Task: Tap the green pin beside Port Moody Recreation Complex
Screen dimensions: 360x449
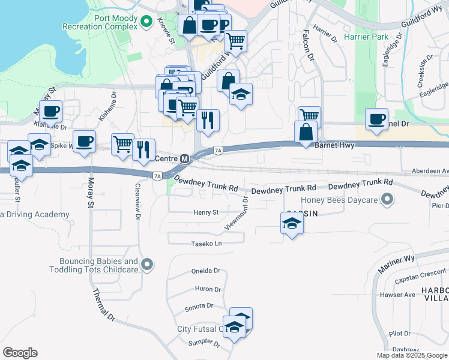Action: (146, 23)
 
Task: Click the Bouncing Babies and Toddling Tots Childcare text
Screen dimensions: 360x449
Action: (98, 265)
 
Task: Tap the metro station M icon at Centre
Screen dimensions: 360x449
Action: (185, 159)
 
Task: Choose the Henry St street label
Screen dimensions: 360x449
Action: (206, 212)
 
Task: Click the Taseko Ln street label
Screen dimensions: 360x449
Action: (206, 244)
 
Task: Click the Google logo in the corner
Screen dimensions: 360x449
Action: (20, 353)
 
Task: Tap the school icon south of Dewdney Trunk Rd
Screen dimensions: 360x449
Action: (292, 224)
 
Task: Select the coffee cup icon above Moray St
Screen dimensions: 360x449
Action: (85, 142)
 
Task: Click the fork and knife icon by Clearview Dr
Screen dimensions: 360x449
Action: (143, 149)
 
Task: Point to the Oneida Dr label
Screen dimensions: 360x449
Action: (206, 271)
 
